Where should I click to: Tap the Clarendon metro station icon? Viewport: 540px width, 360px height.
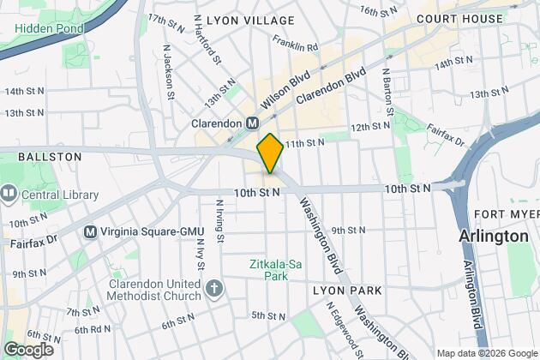click(253, 123)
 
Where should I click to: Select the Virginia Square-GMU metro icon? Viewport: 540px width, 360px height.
click(90, 231)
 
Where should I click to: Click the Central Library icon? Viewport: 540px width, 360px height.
click(9, 195)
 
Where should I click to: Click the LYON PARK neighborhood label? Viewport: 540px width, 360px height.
click(346, 291)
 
